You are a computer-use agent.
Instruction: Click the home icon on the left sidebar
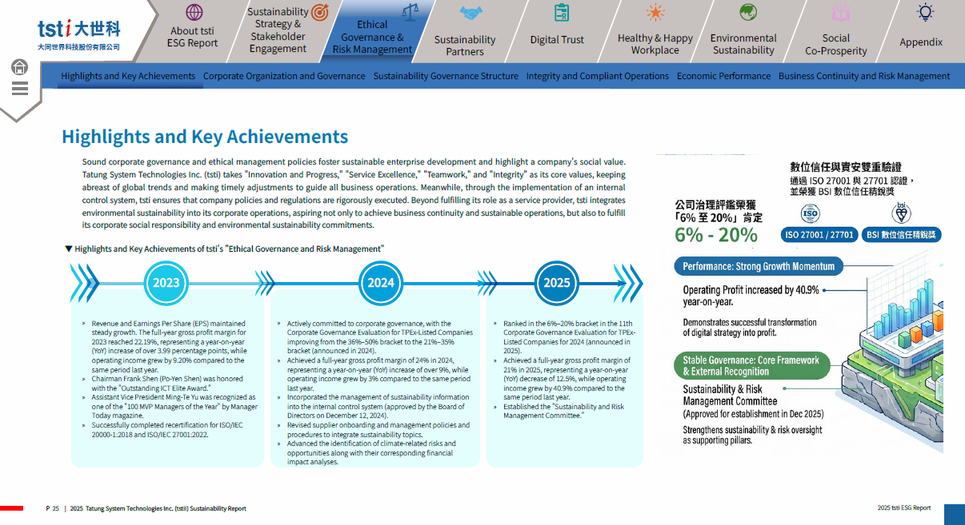19,67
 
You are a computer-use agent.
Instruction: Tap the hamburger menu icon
19,88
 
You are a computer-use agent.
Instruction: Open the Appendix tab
921,42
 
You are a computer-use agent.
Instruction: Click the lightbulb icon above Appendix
925,13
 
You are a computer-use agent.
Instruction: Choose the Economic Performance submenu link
723,76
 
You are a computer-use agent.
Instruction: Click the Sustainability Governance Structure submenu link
446,76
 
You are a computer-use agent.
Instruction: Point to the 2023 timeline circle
166,283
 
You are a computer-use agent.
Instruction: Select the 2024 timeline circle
380,283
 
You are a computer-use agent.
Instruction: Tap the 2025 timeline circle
556,283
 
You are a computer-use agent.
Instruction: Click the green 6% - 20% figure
715,235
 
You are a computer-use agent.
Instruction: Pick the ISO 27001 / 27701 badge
819,235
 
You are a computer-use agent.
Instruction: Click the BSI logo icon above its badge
901,213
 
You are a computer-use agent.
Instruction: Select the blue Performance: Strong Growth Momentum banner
759,266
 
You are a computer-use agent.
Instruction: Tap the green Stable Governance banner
751,366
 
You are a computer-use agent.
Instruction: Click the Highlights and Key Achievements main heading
205,137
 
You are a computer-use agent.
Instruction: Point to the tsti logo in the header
79,35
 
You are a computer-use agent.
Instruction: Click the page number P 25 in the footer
53,508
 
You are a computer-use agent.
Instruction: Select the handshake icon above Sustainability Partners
470,14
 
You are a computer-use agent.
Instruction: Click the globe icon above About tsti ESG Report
194,13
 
